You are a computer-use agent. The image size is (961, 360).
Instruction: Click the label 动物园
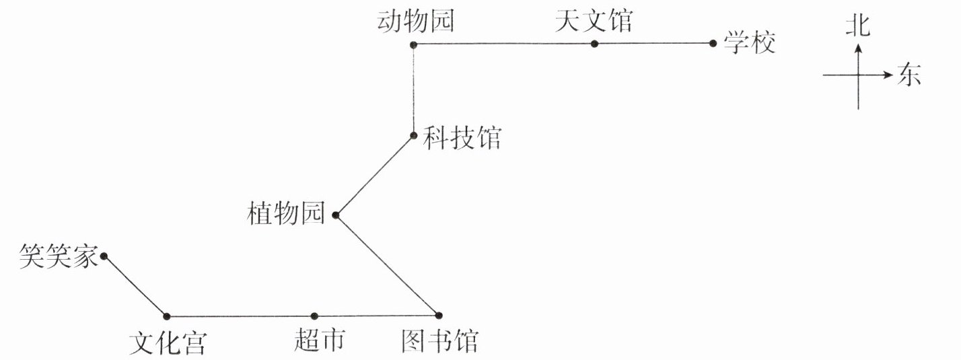(x=415, y=22)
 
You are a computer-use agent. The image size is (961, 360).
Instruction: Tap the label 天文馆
(x=594, y=22)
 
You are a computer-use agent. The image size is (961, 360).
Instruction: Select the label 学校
(x=750, y=44)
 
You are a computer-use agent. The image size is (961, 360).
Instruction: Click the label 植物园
(x=286, y=216)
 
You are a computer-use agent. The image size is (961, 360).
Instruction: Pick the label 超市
(x=320, y=340)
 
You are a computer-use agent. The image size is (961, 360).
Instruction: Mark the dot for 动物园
(x=413, y=44)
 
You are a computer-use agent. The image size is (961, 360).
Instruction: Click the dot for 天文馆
(x=594, y=44)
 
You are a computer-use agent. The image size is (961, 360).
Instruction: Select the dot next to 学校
(x=713, y=44)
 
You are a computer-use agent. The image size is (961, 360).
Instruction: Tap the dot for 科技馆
(x=414, y=135)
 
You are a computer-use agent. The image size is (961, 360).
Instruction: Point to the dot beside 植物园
(x=335, y=216)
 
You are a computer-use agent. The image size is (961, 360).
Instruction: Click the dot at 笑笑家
(x=104, y=256)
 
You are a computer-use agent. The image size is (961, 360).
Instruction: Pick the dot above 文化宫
(x=166, y=316)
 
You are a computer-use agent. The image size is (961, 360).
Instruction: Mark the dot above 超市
(x=314, y=316)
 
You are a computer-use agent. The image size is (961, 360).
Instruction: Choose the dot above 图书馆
(x=439, y=315)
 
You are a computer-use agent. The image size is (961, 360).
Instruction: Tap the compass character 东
(x=909, y=75)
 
